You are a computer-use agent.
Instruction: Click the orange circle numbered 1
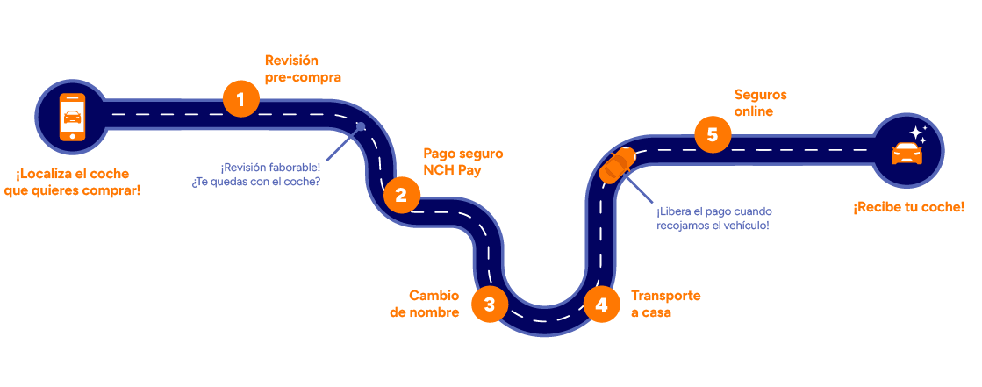tap(240, 98)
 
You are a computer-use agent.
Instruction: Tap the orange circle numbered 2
tap(401, 195)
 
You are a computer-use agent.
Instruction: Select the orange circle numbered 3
tap(490, 305)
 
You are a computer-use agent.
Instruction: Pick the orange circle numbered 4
tap(601, 305)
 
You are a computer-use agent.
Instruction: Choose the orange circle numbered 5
tap(712, 134)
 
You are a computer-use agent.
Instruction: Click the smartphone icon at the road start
tap(71, 116)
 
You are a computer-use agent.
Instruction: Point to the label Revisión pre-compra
tap(303, 68)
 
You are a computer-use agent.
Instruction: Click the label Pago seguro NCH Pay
tap(463, 161)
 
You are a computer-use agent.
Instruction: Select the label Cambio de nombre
tap(424, 303)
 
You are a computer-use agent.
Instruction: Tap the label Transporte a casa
tap(665, 303)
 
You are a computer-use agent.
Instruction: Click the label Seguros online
tap(760, 103)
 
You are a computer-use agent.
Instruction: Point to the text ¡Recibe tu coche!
tap(908, 207)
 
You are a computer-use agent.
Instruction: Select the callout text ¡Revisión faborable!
tap(270, 167)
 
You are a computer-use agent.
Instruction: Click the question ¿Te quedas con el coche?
tap(255, 183)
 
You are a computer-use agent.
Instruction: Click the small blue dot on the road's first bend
tap(361, 127)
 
